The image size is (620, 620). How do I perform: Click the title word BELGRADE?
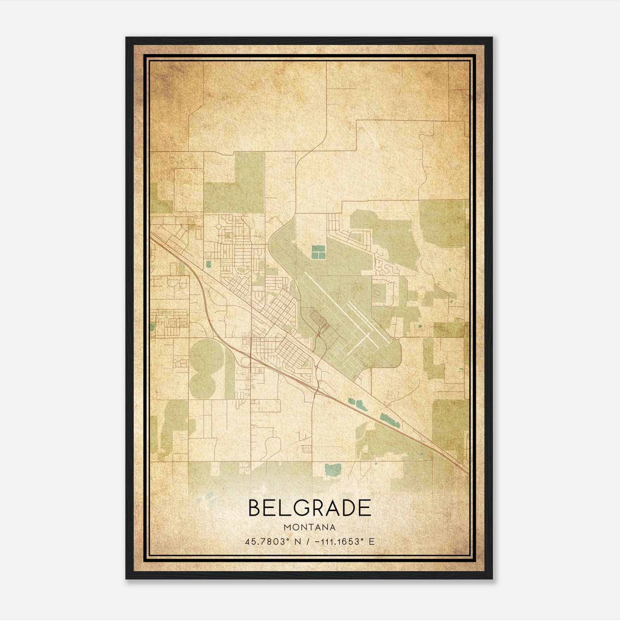point(309,508)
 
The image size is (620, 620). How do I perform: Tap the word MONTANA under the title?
point(309,527)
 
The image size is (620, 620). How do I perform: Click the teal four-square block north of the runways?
point(318,252)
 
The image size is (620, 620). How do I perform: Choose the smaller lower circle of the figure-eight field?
point(202,384)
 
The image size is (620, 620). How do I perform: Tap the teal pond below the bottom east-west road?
point(332,469)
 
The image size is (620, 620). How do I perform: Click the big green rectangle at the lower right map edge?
point(449,426)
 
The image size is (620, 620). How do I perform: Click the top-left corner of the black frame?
point(127,38)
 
